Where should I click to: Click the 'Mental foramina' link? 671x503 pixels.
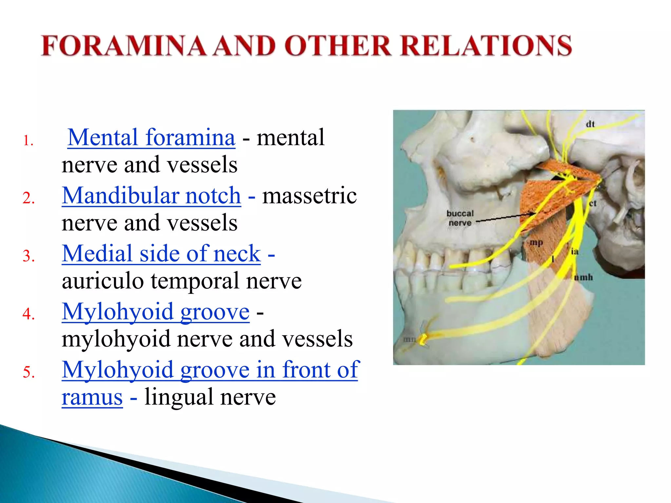151,138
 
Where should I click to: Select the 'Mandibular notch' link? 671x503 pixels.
151,196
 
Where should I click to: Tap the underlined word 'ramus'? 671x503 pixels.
92,397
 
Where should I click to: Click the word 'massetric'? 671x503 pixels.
309,196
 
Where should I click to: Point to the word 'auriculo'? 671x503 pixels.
103,281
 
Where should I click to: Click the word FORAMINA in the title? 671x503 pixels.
124,46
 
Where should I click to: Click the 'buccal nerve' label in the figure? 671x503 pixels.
460,218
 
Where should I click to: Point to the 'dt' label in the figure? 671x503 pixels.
590,124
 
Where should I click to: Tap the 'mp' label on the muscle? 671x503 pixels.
536,243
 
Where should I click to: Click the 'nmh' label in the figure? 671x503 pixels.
584,277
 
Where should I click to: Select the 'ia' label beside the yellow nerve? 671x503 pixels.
575,251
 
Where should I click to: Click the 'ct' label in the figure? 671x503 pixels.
593,203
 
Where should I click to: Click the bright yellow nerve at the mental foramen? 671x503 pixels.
424,339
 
